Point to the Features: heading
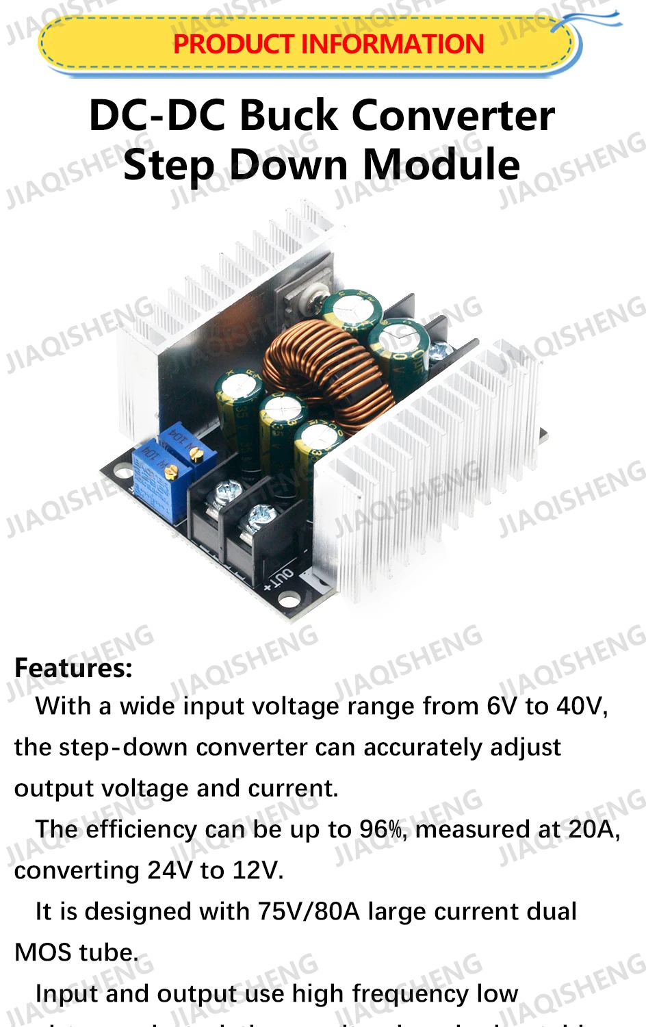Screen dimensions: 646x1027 click(73, 668)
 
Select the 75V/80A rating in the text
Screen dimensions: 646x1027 click(309, 911)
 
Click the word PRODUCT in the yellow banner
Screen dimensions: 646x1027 click(233, 45)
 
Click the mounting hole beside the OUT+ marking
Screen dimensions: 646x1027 click(289, 601)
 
